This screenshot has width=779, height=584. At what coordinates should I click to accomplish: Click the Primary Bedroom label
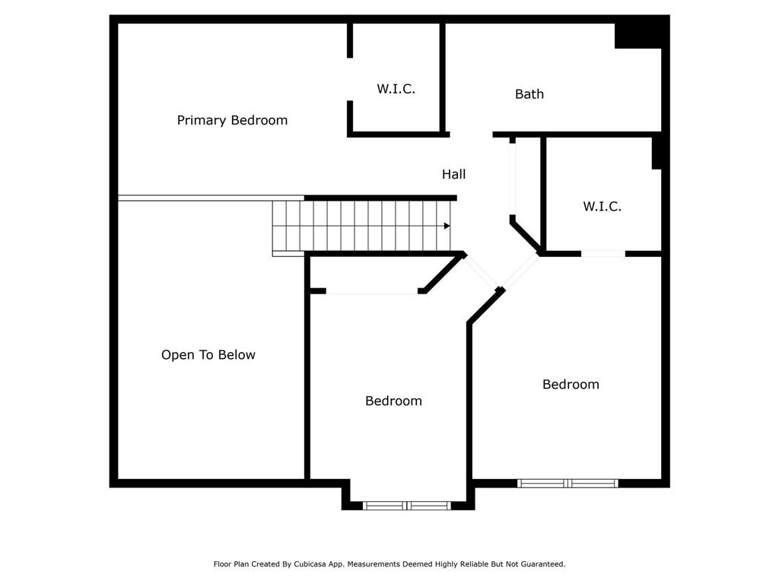[x=232, y=120]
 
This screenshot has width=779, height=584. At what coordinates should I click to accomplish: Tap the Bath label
[x=529, y=94]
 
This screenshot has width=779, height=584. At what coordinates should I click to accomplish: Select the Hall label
[x=454, y=174]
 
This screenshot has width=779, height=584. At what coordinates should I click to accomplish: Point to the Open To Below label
[x=208, y=355]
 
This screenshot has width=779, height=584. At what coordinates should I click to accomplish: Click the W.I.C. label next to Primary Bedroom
[x=396, y=89]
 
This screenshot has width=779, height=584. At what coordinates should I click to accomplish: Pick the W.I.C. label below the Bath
[x=603, y=206]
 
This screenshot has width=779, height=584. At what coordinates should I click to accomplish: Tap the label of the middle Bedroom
[x=393, y=401]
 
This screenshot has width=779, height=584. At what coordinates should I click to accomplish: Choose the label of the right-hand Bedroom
[x=571, y=385]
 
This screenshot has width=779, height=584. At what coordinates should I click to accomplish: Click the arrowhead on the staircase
[x=447, y=226]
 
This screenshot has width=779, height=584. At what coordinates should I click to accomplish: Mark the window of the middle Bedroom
[x=407, y=505]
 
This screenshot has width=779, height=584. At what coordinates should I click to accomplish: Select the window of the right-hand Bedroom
[x=568, y=483]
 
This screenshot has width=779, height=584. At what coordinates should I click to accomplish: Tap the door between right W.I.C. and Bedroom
[x=603, y=253]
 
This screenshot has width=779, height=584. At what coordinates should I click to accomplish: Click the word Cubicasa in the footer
[x=311, y=564]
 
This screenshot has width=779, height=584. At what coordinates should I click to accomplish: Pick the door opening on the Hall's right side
[x=513, y=179]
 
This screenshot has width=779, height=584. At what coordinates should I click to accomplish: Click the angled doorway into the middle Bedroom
[x=481, y=271]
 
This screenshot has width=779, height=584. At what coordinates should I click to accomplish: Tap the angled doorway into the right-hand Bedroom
[x=520, y=272]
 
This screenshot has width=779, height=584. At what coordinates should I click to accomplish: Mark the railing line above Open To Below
[x=195, y=198]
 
